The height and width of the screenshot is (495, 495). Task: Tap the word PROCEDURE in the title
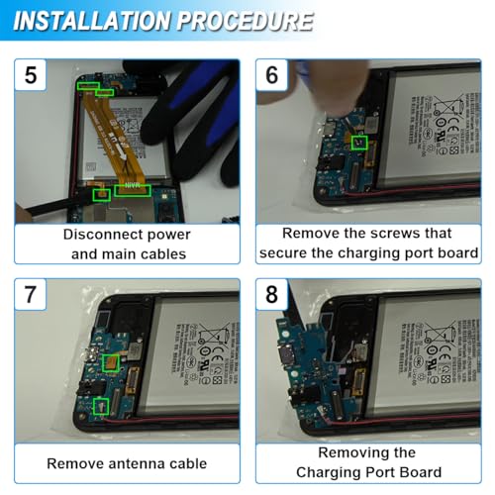pyautogui.click(x=255, y=21)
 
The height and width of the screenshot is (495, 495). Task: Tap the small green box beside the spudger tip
pyautogui.click(x=100, y=195)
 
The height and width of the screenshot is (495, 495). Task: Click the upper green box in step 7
pyautogui.click(x=112, y=364)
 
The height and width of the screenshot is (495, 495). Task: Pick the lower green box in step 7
pyautogui.click(x=99, y=405)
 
